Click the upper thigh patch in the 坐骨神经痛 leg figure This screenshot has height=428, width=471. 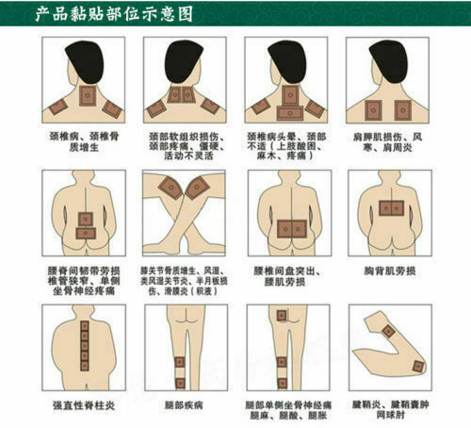point(281,336)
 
